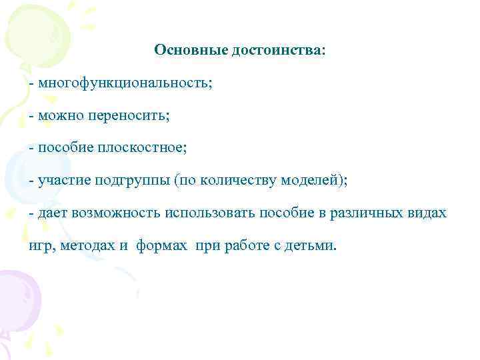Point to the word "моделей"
click(x=311, y=181)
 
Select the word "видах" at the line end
click(x=427, y=213)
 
